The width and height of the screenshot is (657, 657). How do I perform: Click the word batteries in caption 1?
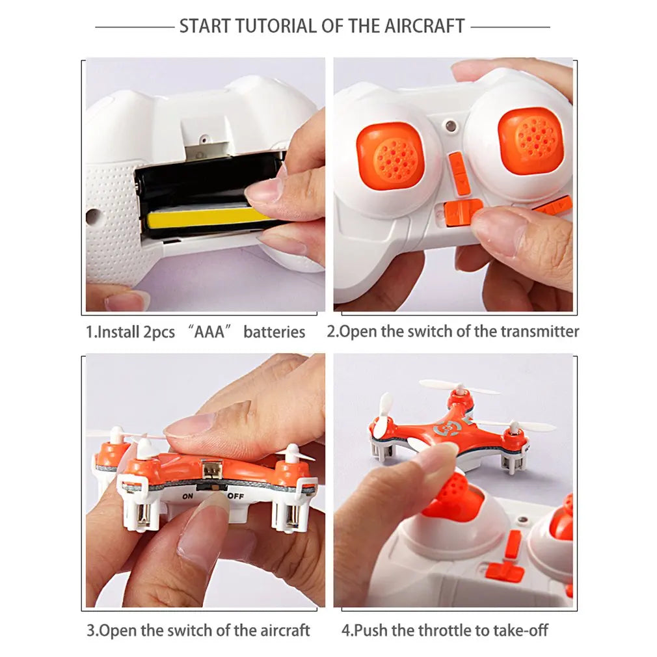(x=274, y=332)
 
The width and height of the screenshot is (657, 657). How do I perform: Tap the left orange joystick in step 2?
(x=390, y=157)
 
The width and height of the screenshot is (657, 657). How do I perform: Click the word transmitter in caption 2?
(x=539, y=331)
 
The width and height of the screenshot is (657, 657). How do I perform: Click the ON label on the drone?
(x=189, y=496)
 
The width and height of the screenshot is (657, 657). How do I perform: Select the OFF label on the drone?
(x=235, y=496)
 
